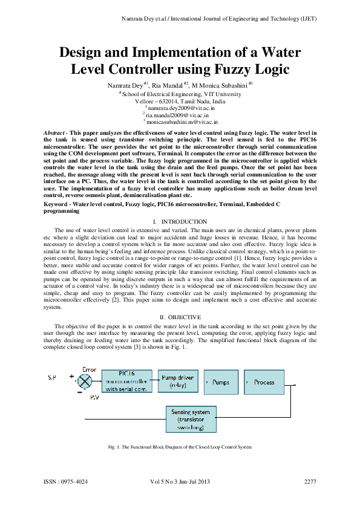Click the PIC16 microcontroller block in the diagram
[126, 381]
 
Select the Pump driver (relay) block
[177, 382]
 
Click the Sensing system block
[191, 419]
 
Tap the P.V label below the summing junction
[94, 398]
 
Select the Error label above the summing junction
[89, 369]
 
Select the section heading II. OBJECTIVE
[180, 317]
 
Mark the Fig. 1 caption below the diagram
[179, 446]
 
